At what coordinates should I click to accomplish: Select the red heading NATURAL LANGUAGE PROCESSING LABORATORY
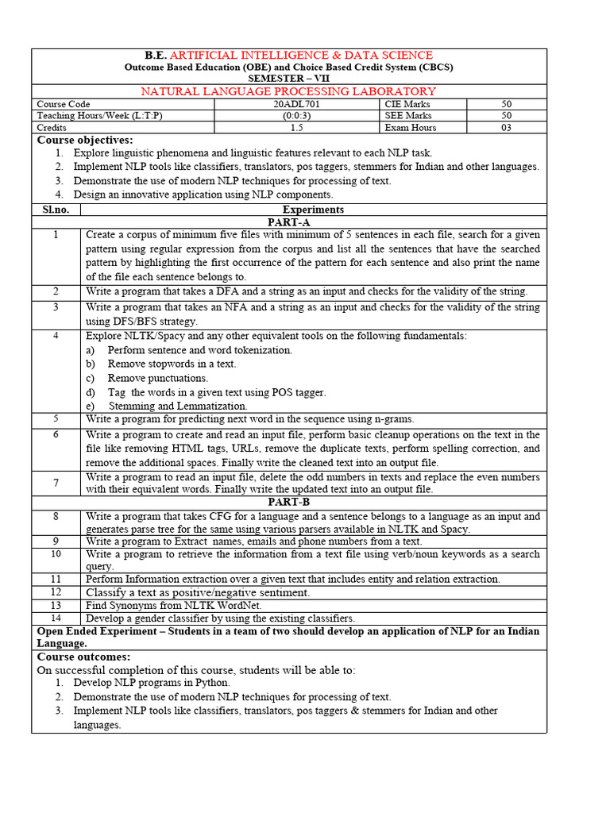click(x=288, y=91)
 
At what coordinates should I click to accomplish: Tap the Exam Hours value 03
click(x=506, y=127)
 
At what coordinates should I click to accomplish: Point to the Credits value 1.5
click(x=296, y=127)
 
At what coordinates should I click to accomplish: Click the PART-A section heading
click(x=288, y=223)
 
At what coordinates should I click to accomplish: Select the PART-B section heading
click(x=288, y=503)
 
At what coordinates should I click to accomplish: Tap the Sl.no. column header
click(x=56, y=210)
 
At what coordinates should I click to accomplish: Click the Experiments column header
click(x=313, y=210)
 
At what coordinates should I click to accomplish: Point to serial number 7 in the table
click(x=56, y=483)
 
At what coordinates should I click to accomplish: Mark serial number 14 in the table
click(x=56, y=617)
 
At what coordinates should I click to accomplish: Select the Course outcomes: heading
click(x=83, y=657)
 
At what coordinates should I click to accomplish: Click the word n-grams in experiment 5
click(x=391, y=418)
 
